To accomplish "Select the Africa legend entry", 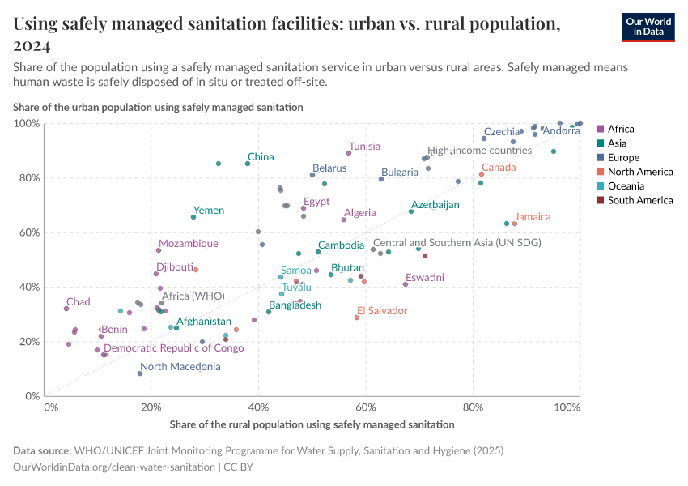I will click(620, 129).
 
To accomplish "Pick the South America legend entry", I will click(639, 200).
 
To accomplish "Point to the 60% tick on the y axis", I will click(28, 232).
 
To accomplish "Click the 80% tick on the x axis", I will click(472, 407).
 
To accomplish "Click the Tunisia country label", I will click(364, 147).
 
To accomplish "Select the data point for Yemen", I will click(193, 217).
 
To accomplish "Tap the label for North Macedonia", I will click(180, 367).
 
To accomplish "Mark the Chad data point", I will click(66, 309).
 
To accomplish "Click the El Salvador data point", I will click(357, 318).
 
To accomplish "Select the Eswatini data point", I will click(406, 284).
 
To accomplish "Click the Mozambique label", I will click(188, 243).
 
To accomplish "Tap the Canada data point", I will click(482, 174).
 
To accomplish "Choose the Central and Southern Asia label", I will click(457, 242).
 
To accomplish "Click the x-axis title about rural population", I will click(312, 424).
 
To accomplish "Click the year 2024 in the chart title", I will click(32, 45).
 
